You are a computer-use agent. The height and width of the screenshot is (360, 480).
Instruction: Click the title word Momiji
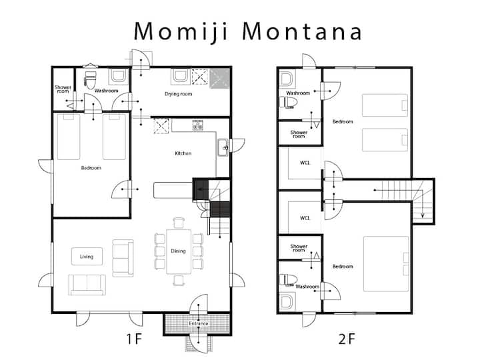coord(181,32)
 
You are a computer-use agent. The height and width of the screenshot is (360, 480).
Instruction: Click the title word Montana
coord(303,31)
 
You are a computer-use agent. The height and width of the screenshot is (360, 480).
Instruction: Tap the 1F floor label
coord(135,339)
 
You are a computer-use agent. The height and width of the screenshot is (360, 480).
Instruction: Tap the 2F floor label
coord(347,339)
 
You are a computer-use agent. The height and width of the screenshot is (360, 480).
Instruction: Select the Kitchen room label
coord(183,153)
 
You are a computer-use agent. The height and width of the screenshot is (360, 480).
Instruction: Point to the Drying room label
coord(178,94)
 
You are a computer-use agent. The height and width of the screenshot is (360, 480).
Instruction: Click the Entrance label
coord(199,323)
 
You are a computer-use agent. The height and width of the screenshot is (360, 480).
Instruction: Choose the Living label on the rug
coord(87,257)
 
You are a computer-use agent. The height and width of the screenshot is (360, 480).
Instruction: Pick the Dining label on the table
coord(178,251)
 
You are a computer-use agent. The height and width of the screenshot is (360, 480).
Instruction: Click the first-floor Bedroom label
coord(91,168)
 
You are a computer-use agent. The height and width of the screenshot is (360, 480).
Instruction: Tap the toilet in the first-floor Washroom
coord(90,80)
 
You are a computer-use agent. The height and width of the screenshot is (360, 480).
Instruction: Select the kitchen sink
coord(223,148)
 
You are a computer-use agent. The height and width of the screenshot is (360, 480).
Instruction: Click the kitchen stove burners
coord(197,125)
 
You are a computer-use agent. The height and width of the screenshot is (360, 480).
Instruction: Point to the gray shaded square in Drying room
coord(219,79)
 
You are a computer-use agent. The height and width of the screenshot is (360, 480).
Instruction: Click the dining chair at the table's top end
coord(179,223)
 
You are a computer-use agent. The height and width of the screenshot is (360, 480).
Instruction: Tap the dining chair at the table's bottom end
coord(179,281)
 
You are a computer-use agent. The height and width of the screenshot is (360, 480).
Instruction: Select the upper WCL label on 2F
coord(305,163)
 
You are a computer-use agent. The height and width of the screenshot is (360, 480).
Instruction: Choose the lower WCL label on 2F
coord(305,218)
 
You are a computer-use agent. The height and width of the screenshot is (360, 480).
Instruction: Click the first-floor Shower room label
coord(63,89)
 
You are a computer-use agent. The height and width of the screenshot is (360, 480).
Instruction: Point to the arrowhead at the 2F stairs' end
coord(423,215)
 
